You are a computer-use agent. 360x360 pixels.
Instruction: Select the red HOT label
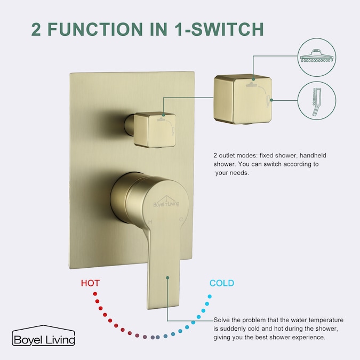coord(90,283)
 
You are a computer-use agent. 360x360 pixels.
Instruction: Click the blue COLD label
coord(221,283)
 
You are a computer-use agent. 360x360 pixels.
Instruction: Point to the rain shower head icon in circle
coord(317,56)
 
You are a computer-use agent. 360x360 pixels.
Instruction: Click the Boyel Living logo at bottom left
coord(43,335)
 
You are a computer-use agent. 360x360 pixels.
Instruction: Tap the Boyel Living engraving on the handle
coord(166,202)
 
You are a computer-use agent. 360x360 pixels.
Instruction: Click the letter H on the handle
coord(150,222)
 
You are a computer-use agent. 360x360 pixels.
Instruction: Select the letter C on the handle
coord(181,220)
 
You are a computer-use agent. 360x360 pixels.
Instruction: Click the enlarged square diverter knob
coord(243,99)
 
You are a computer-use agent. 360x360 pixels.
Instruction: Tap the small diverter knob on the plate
coord(155,130)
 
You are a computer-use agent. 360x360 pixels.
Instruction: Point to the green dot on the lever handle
coord(167,278)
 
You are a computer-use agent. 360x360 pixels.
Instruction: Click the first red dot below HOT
coord(95,294)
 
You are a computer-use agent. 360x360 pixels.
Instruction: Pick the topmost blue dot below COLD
coord(210,297)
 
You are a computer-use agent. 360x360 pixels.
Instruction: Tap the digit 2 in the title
coord(36,29)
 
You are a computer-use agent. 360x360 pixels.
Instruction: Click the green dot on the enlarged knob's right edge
coord(271,100)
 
